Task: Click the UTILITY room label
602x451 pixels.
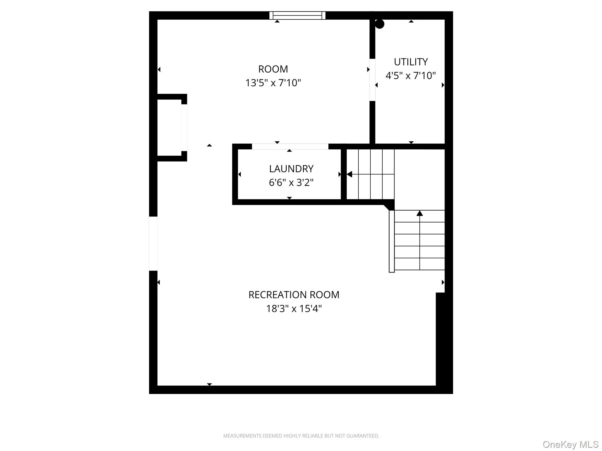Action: click(411, 62)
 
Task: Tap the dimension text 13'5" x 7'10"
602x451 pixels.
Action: click(273, 83)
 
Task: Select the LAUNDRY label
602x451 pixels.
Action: click(291, 169)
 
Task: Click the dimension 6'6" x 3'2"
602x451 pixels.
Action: click(291, 183)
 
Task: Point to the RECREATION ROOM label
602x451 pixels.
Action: click(294, 295)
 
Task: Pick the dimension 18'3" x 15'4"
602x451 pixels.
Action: click(294, 309)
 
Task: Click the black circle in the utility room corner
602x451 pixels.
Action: click(379, 24)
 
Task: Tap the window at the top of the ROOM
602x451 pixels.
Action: click(297, 15)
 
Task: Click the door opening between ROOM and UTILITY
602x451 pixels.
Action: click(372, 80)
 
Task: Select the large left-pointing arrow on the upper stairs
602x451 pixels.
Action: click(350, 174)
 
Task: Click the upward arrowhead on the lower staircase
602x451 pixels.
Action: click(419, 213)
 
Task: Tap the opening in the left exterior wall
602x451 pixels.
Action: click(153, 243)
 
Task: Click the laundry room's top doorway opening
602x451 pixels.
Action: click(290, 147)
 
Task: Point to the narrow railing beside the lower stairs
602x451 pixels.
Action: click(392, 241)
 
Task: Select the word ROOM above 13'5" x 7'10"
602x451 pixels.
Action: click(273, 69)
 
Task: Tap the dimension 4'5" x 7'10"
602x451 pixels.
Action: click(411, 76)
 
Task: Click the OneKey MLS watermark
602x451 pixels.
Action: click(570, 444)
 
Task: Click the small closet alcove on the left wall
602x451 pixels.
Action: click(169, 128)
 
